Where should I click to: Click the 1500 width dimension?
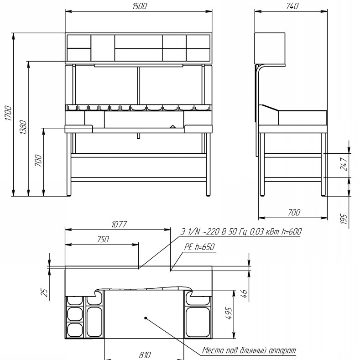139,6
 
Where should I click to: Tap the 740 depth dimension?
292,6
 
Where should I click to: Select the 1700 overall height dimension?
8,113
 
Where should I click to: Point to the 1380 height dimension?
23,127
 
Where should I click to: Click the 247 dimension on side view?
344,164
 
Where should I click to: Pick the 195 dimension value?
344,219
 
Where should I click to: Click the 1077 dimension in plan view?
119,224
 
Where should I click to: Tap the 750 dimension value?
103,240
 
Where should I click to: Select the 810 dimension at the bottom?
145,355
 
